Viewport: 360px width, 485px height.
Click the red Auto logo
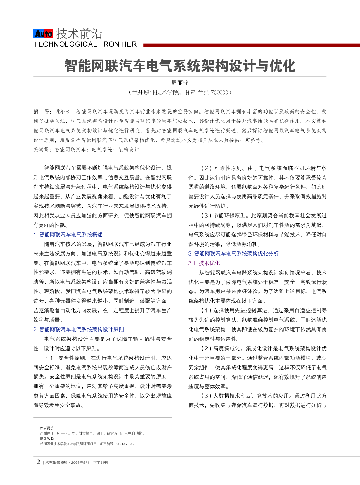pyautogui.click(x=43, y=34)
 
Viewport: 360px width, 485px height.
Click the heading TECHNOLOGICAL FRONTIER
pyautogui.click(x=85, y=44)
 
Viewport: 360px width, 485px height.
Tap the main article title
pyautogui.click(x=180, y=66)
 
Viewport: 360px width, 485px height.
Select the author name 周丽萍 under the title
pyautogui.click(x=180, y=83)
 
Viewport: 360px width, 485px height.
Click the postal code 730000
pyautogui.click(x=220, y=92)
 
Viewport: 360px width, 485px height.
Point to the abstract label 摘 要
pyautogui.click(x=41, y=111)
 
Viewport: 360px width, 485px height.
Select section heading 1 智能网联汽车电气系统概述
pyautogui.click(x=68, y=235)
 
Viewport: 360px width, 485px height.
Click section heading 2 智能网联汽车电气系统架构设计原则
pyautogui.click(x=78, y=329)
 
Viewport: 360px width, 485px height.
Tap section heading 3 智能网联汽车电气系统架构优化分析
pyautogui.click(x=233, y=254)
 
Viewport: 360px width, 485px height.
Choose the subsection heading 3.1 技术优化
pyautogui.click(x=204, y=263)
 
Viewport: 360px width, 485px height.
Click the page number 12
pyautogui.click(x=37, y=462)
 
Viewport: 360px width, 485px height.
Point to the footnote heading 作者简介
pyautogui.click(x=47, y=428)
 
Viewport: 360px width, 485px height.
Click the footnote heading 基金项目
pyautogui.click(x=47, y=439)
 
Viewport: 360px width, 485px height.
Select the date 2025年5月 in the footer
pyautogui.click(x=80, y=463)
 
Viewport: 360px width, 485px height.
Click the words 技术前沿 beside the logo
pyautogui.click(x=79, y=34)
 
